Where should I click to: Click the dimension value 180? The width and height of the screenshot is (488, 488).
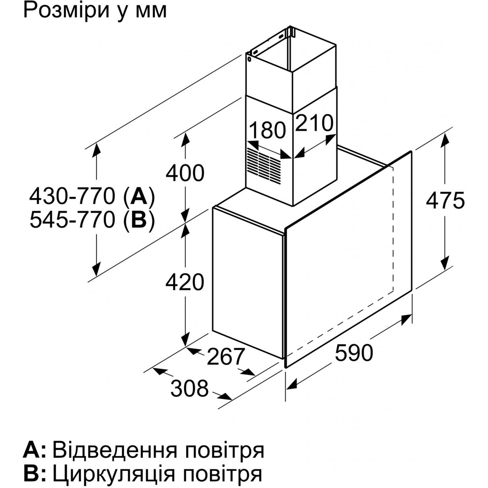click(267, 131)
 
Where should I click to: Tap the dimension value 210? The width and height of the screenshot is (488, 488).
click(314, 123)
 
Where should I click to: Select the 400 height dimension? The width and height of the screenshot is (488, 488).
click(185, 173)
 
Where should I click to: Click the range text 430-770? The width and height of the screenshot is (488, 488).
click(72, 197)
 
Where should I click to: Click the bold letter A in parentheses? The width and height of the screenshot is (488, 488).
click(139, 197)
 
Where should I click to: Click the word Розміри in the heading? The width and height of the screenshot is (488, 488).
click(64, 10)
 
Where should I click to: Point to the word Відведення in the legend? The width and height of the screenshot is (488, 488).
click(115, 443)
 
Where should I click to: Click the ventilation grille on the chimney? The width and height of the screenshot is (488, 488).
click(264, 165)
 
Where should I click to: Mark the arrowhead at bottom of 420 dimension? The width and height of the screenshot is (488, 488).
click(185, 339)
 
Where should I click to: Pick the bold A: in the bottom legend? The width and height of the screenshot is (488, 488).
click(35, 443)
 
